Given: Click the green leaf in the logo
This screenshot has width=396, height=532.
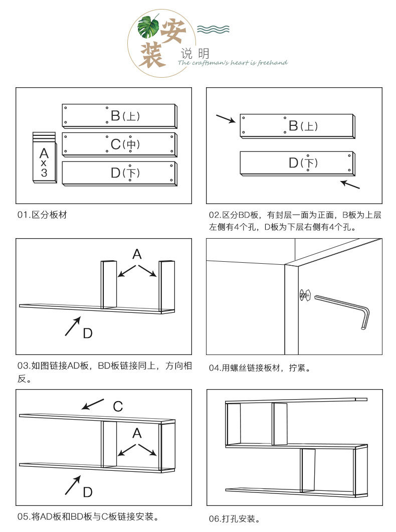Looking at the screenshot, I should point(149,28).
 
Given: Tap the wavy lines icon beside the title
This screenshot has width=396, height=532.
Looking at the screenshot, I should point(213,29).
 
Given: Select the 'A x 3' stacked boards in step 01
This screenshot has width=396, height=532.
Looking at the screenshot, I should point(44,158).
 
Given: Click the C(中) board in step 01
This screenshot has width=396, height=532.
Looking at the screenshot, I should point(119,144).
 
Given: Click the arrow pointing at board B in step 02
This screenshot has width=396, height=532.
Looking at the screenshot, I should point(226,119).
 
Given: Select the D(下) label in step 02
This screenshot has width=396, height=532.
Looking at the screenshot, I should point(303,162).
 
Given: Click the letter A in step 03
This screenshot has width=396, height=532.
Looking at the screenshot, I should point(137,254).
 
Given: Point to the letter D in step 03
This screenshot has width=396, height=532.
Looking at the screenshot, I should point(88,333).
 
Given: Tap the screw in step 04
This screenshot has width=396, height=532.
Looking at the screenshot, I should point(303,295).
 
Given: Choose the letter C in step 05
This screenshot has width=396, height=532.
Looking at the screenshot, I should point(117,406).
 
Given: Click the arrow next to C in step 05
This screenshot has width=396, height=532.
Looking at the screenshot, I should point(93,404).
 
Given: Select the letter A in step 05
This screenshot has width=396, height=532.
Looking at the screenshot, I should point(137,433).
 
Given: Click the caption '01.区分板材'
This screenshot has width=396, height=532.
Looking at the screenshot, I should point(42,215).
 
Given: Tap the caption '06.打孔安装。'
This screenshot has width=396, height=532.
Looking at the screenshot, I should point(234,518).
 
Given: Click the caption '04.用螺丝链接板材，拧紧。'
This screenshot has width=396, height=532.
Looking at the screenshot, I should point(260,369).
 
